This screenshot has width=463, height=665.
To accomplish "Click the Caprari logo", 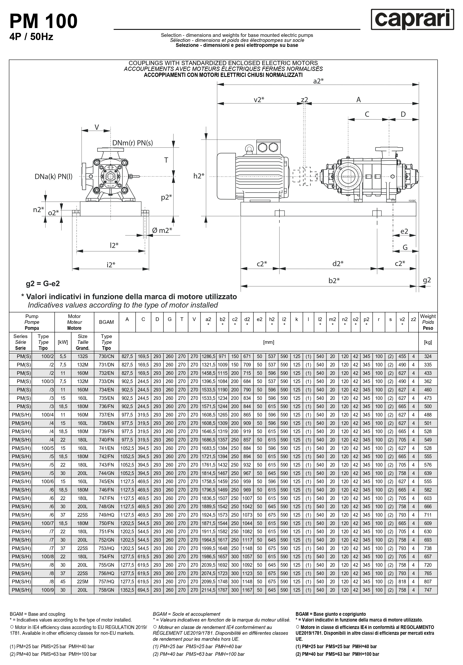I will (412, 19).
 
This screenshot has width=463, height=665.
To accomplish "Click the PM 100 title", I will (43, 21).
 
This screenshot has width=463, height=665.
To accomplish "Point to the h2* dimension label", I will (199, 176).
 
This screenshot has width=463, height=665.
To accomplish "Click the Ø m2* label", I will (162, 230).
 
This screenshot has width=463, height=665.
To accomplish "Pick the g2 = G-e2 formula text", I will (43, 284).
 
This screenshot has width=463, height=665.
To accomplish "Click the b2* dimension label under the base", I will (334, 280).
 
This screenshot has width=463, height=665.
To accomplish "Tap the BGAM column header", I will (106, 322).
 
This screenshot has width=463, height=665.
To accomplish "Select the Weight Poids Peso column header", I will (428, 322).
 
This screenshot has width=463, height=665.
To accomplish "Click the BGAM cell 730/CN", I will (106, 356).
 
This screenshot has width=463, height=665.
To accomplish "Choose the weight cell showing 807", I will (428, 581).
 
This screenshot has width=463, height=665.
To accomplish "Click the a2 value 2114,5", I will (208, 590).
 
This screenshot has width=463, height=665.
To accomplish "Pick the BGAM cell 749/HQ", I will (106, 515).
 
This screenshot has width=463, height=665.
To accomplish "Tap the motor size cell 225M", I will (82, 581).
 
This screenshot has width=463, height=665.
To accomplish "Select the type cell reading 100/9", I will (47, 590).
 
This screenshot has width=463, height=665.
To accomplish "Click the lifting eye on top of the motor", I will (249, 149).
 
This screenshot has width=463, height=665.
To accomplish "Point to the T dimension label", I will (166, 160).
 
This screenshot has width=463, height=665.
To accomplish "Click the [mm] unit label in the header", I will (268, 342).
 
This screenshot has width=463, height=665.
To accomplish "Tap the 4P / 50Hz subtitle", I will (31, 37).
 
